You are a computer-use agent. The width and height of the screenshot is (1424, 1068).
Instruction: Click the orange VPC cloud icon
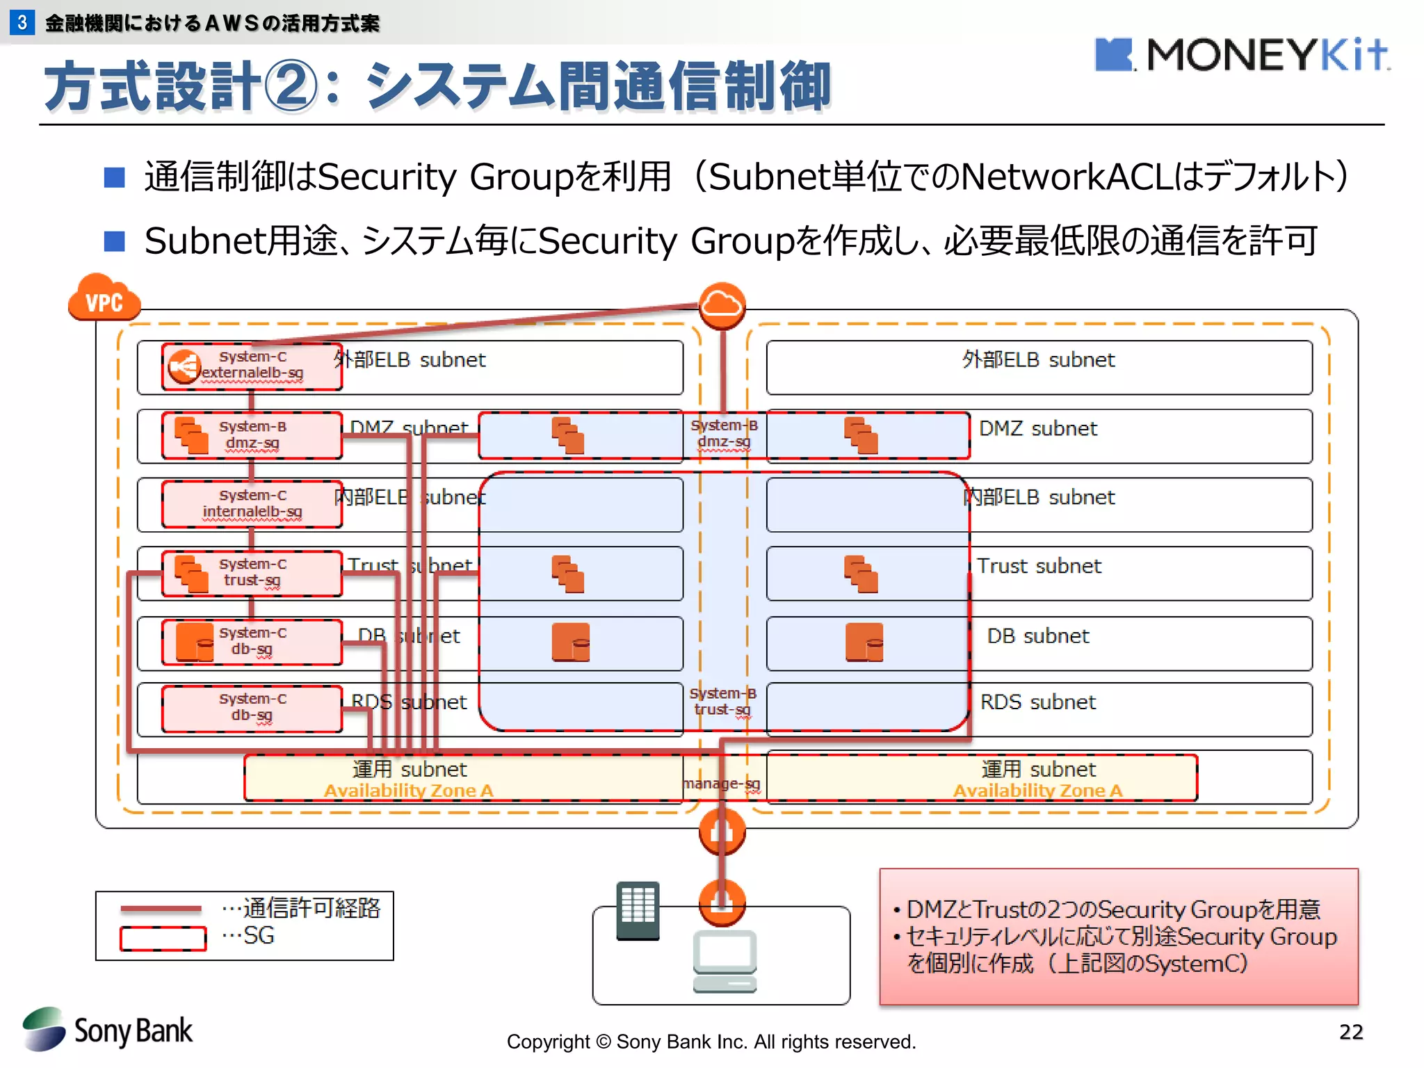coord(104,298)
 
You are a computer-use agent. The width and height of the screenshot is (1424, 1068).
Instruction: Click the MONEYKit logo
coord(1242,55)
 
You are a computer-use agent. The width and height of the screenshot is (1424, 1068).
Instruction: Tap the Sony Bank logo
coord(108,1030)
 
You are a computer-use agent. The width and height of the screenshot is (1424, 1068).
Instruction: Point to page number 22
coord(1350,1032)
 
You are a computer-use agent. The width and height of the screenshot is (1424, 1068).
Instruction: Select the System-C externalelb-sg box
coord(252,366)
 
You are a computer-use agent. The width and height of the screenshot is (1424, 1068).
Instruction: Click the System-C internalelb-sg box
coord(252,504)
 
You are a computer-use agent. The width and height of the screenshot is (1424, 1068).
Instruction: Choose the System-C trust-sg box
coord(252,573)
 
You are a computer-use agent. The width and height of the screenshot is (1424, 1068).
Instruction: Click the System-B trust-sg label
coord(722,702)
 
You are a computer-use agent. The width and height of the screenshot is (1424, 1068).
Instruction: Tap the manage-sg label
coord(722,784)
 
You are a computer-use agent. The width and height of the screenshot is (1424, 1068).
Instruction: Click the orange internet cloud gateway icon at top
coord(722,305)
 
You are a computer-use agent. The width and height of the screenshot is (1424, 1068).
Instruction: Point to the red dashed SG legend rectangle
coord(163,939)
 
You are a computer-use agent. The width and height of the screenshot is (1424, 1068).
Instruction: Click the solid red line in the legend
coord(161,909)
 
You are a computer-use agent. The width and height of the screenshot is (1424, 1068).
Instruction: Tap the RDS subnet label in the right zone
coord(1037,702)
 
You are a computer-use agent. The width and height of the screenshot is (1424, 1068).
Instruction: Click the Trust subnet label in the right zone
coord(1039,566)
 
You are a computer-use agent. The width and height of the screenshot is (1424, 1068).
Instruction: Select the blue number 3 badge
coord(22,22)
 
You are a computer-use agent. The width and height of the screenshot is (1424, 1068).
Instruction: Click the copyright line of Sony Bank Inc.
coord(711,1042)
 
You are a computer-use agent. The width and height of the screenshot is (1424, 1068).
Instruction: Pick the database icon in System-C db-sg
coord(195,642)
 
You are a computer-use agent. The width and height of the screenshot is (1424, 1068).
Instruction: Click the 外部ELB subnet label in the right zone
coord(1038,360)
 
